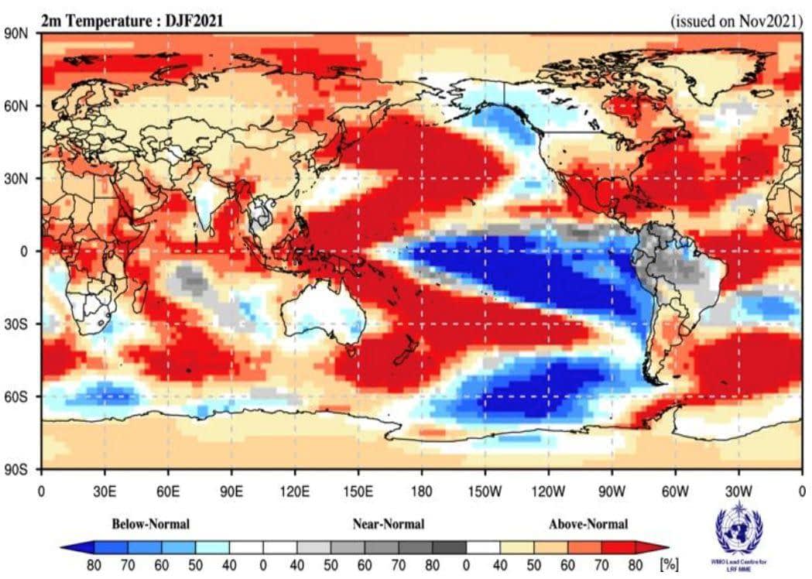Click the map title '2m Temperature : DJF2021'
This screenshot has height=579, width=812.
tap(132, 21)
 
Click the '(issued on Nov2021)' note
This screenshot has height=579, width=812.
tap(735, 22)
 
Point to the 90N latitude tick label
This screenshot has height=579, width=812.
tap(17, 33)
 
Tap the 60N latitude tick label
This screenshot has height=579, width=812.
tap(17, 105)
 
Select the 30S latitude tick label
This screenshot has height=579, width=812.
tap(17, 324)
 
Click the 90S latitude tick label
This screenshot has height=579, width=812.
tap(17, 469)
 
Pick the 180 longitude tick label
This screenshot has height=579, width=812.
tap(422, 490)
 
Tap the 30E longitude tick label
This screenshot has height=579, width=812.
tap(104, 490)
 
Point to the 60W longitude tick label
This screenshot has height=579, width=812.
tap(675, 490)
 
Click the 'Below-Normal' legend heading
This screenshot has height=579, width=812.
tap(151, 524)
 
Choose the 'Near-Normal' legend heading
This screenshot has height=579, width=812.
tap(389, 524)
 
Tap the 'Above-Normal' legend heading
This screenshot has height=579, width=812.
tap(588, 524)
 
